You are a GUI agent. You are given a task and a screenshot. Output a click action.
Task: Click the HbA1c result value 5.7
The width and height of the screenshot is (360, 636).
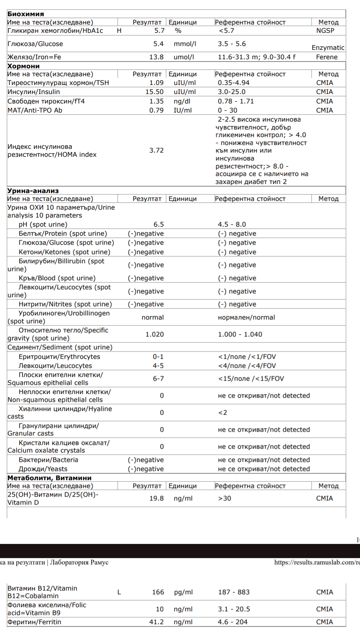point(159,31)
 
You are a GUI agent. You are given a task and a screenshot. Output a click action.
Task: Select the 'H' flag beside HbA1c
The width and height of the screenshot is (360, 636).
point(119,31)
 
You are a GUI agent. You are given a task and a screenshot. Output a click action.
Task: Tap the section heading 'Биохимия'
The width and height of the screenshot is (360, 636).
point(26,14)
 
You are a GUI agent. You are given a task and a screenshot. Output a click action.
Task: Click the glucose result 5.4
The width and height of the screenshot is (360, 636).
point(158,44)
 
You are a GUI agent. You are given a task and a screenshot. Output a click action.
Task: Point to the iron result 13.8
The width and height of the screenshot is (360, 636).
point(156,57)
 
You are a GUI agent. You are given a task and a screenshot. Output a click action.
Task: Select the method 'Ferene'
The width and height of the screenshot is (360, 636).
point(327,57)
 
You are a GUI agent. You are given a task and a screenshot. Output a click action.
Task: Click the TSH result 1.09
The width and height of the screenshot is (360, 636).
point(156,83)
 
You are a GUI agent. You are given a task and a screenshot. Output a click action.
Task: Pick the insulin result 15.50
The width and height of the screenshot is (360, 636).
point(155,92)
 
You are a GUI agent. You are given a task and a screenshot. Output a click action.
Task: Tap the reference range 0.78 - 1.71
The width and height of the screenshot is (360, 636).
point(236,101)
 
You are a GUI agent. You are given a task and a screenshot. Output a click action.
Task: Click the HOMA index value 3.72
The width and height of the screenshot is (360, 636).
point(156,150)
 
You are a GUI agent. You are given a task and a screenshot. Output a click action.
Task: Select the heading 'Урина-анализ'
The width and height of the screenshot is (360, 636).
point(33,191)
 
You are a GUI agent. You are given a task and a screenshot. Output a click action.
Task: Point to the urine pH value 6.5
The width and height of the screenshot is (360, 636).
point(159,224)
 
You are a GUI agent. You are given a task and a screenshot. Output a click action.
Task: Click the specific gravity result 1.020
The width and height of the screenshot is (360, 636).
point(155,334)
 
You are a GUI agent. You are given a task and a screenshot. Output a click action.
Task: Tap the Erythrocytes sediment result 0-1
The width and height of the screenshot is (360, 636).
point(158,357)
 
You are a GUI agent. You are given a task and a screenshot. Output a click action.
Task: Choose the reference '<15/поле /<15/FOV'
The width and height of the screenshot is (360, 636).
point(251,378)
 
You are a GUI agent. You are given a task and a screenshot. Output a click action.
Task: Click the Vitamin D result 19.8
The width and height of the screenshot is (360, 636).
point(156,499)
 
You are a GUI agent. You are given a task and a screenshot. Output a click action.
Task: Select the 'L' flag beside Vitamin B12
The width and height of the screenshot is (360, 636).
point(119,592)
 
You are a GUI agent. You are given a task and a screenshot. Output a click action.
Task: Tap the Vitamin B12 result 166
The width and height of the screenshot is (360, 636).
point(158,592)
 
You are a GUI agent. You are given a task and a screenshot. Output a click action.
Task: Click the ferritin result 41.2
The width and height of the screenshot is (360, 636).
point(156,622)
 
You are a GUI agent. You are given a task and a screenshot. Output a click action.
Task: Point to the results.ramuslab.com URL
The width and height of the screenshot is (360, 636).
point(317,562)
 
